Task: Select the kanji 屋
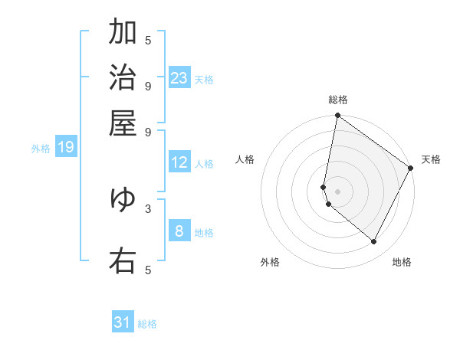tap(123, 123)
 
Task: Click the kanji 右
tap(123, 260)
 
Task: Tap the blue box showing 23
tap(179, 78)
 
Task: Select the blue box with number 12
tap(179, 162)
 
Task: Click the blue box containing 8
tap(179, 231)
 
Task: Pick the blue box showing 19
tap(66, 147)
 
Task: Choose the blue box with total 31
tap(123, 322)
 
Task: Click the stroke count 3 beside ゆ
tap(148, 208)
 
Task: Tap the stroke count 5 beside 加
tap(148, 40)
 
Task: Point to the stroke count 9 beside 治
tap(148, 85)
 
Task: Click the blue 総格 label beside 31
tap(148, 324)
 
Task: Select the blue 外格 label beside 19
tap(41, 149)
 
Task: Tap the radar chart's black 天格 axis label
tap(431, 159)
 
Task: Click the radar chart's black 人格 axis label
tap(245, 159)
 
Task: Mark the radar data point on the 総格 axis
tap(337, 116)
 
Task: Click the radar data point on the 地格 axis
tap(374, 242)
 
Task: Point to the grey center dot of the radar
tap(337, 191)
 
